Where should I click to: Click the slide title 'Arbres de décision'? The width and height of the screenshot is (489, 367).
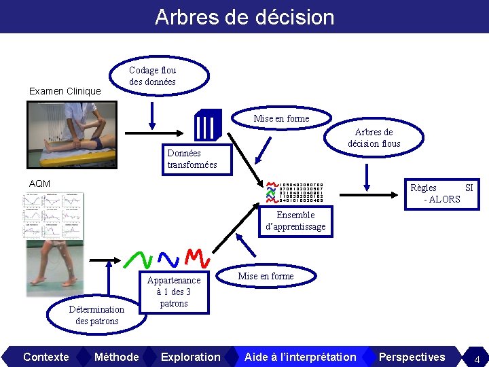click(244, 16)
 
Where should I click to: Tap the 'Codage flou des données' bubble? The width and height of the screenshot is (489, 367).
click(152, 76)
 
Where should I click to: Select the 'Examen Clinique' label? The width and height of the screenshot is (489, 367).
click(65, 91)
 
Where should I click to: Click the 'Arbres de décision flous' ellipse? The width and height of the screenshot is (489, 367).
click(374, 137)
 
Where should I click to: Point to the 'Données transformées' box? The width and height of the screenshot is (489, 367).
click(192, 159)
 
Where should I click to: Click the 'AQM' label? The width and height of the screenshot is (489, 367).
click(39, 183)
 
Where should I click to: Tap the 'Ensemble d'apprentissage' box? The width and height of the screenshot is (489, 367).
click(295, 221)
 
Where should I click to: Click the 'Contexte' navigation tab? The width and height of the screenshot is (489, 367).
click(46, 357)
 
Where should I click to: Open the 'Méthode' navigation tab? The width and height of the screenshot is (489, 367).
click(116, 357)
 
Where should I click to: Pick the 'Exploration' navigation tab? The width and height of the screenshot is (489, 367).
click(191, 357)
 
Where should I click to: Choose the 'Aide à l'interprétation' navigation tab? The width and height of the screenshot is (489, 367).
click(300, 357)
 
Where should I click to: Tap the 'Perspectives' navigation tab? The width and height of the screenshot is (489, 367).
click(412, 357)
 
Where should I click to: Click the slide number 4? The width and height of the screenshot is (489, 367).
click(477, 359)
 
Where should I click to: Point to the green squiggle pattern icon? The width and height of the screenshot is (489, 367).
click(139, 259)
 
